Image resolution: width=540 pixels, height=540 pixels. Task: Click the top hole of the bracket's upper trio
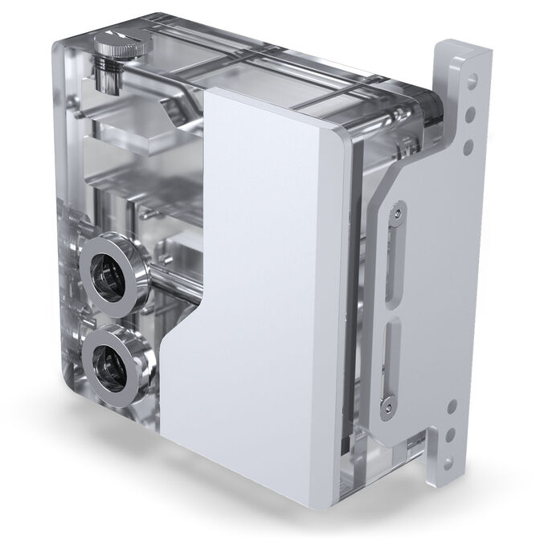pyautogui.click(x=472, y=80)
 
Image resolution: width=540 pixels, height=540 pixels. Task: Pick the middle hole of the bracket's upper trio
pyautogui.click(x=472, y=112)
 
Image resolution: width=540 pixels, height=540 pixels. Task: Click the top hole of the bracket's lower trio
pyautogui.click(x=452, y=407)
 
